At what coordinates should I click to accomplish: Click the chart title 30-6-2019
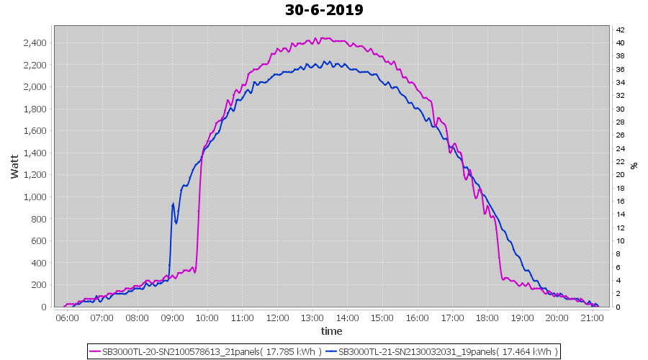pos(324,10)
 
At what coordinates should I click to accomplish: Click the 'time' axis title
pos(331,331)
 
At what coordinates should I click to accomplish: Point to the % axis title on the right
pos(634,166)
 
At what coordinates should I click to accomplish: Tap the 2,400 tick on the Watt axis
pos(35,43)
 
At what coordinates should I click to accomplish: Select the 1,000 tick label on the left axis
pos(35,197)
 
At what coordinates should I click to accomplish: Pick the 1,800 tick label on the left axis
pos(35,109)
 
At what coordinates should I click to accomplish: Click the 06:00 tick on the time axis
pos(67,318)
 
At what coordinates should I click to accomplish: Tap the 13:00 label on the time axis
pos(312,318)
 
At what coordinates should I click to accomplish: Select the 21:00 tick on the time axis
pos(591,318)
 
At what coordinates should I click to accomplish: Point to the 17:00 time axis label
pos(451,318)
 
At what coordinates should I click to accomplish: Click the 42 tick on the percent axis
pos(619,30)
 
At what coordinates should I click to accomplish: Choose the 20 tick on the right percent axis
pos(619,175)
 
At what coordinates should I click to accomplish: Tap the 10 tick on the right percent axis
pos(619,241)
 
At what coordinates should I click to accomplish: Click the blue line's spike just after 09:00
pos(173,205)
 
